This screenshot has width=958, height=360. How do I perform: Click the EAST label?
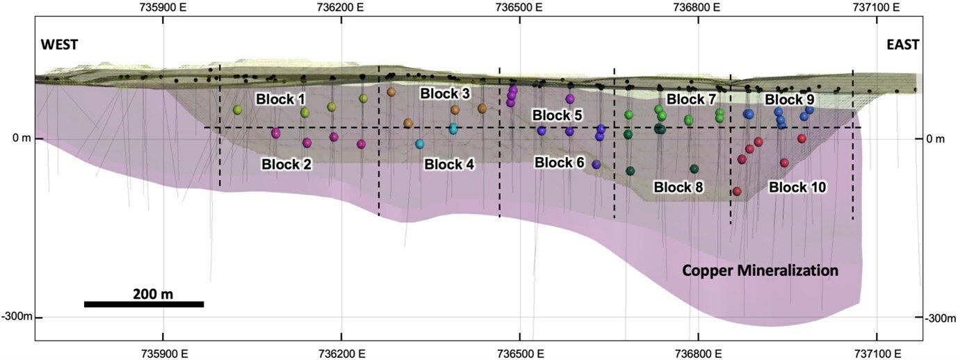click(x=902, y=44)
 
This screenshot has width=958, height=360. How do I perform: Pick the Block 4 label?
click(x=449, y=165)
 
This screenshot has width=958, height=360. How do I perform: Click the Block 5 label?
click(x=558, y=114)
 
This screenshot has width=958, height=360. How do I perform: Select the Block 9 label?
click(x=790, y=99)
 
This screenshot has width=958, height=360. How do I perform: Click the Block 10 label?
click(x=797, y=187)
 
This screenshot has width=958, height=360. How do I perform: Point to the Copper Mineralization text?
click(x=760, y=270)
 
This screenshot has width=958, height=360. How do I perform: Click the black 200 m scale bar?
click(x=144, y=304)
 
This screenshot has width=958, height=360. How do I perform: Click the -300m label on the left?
click(x=17, y=318)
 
